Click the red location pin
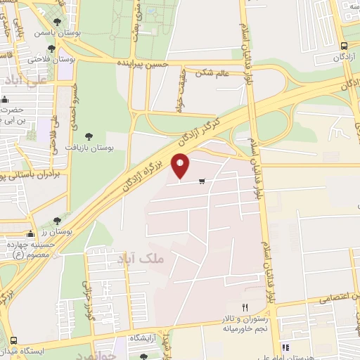[181, 166]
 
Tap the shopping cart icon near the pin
[202, 182]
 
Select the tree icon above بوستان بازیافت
[89, 136]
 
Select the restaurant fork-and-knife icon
[245, 307]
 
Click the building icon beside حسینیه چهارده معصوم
[30, 234]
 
